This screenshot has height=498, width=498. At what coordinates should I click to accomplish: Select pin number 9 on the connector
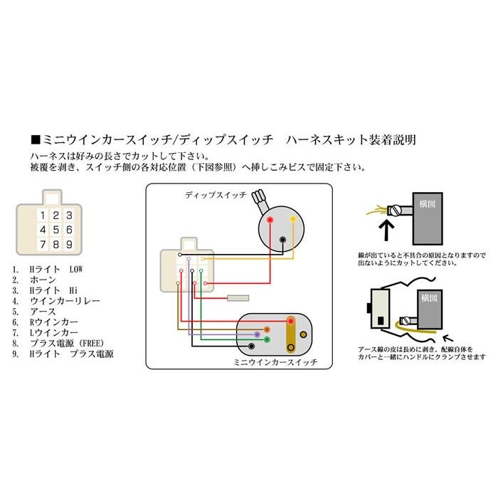68,245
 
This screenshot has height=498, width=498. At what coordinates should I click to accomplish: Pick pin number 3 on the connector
68,215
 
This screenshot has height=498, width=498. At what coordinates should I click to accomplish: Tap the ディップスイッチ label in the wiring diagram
215,194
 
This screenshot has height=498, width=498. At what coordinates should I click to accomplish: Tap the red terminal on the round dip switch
269,221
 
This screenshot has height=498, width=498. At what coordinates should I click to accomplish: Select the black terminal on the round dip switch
283,239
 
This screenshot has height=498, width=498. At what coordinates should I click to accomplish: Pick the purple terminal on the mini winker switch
257,334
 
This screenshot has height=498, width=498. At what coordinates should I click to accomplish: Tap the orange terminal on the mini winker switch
266,329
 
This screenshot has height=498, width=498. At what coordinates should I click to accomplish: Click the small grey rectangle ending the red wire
236,298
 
